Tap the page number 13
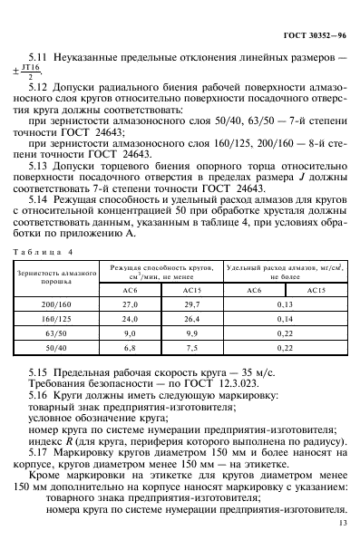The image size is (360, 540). [341, 523]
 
